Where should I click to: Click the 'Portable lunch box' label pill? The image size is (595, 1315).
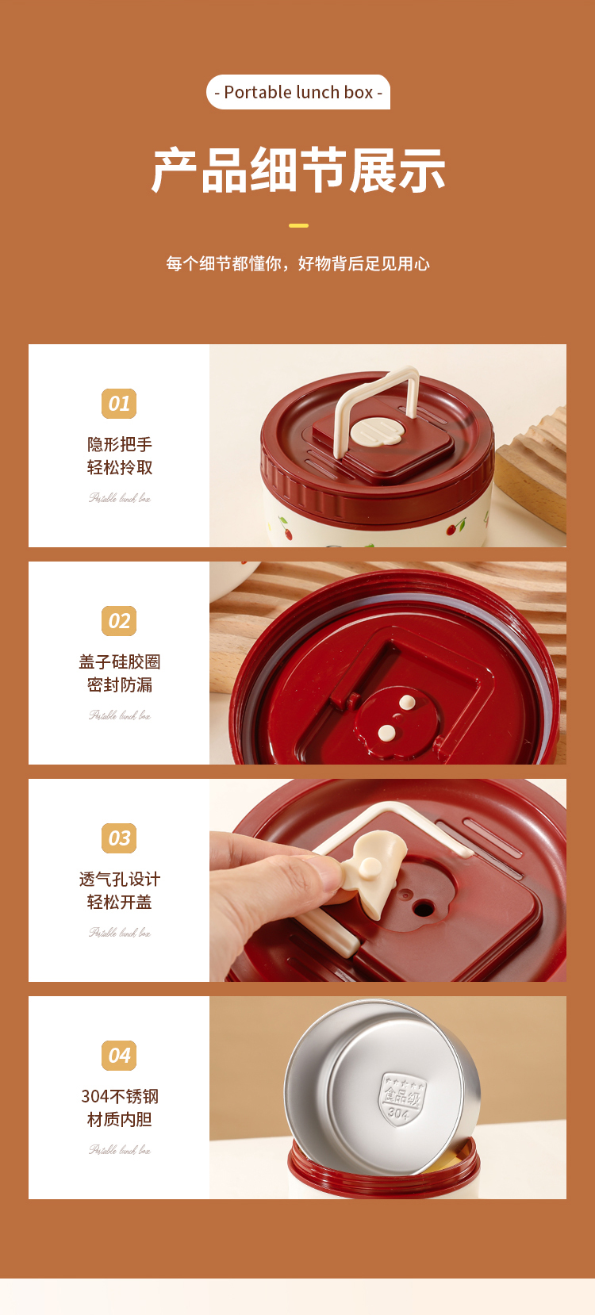(x=298, y=92)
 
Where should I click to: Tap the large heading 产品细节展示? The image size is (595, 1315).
(x=298, y=170)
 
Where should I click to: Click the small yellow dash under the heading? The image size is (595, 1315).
(x=298, y=226)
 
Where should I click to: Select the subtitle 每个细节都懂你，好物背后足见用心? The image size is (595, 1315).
(x=298, y=263)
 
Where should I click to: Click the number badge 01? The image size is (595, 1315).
(x=119, y=404)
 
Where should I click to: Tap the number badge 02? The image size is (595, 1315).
(x=119, y=621)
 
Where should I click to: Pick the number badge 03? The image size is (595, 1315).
(x=119, y=838)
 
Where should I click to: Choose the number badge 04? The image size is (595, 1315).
(x=119, y=1056)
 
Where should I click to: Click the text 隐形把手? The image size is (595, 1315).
(x=120, y=444)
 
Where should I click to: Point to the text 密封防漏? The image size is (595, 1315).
(x=120, y=684)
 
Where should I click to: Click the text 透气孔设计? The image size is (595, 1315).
(x=120, y=879)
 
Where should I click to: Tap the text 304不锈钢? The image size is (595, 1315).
(x=120, y=1096)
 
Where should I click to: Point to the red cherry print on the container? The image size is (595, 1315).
(x=458, y=527)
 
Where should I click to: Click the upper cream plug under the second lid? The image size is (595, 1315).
(x=407, y=703)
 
